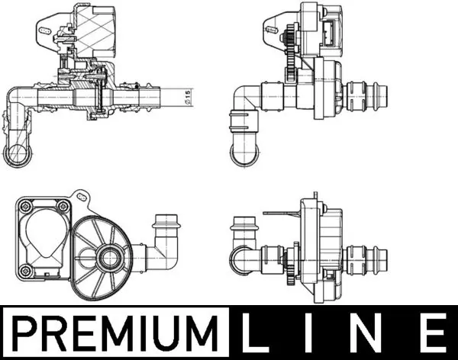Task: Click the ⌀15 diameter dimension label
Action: tap(188, 96)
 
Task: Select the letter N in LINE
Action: tap(366, 333)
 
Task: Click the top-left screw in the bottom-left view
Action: tap(24, 206)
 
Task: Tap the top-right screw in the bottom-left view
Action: tap(63, 206)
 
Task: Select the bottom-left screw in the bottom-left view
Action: tap(24, 272)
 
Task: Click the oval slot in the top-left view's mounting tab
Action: tap(45, 30)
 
